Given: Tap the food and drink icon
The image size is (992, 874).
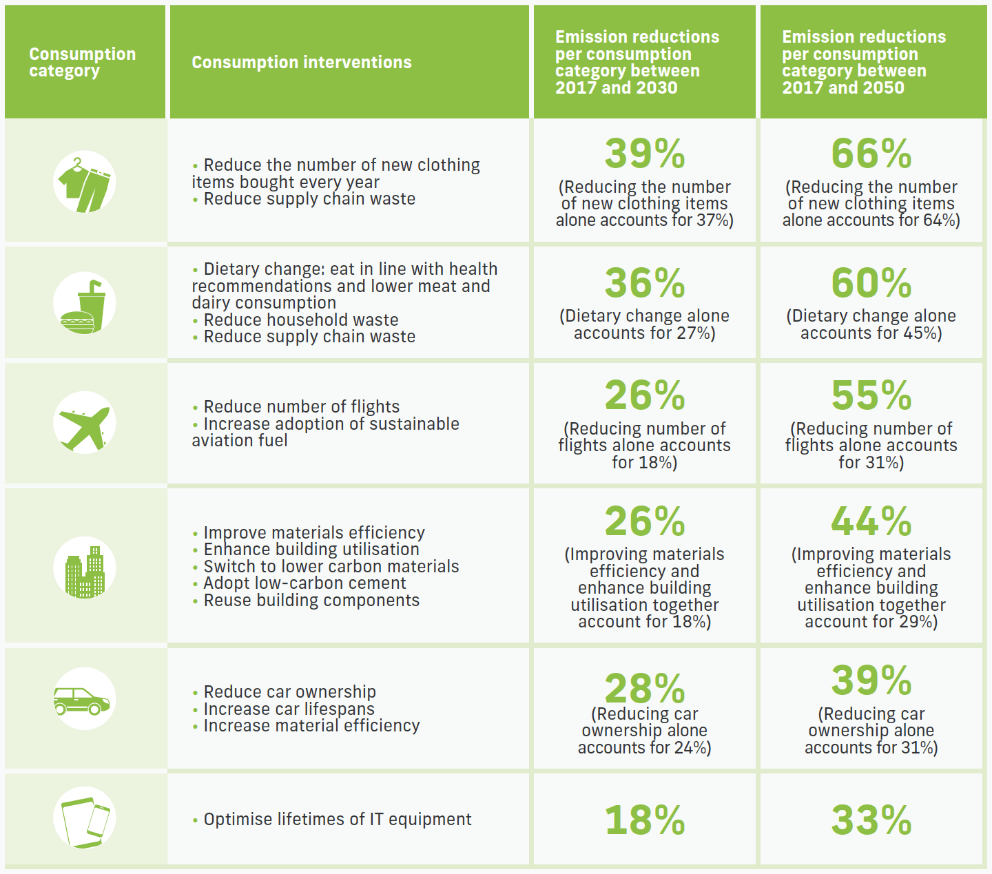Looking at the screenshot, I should pyautogui.click(x=85, y=304).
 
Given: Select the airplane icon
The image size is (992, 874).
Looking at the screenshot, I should pyautogui.click(x=85, y=423).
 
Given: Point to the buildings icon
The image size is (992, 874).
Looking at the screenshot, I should pyautogui.click(x=85, y=568).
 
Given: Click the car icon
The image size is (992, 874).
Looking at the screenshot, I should pyautogui.click(x=85, y=699).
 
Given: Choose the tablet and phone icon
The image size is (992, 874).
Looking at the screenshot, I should pyautogui.click(x=85, y=818).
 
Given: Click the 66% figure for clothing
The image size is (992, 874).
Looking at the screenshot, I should pyautogui.click(x=871, y=154).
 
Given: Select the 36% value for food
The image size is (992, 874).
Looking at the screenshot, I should pyautogui.click(x=645, y=283).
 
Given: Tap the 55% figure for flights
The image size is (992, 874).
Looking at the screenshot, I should pyautogui.click(x=871, y=395).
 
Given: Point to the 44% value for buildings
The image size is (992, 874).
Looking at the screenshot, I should pyautogui.click(x=871, y=521).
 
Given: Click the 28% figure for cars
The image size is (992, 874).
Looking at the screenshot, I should pyautogui.click(x=645, y=688).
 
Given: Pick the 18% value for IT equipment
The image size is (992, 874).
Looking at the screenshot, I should pyautogui.click(x=645, y=820).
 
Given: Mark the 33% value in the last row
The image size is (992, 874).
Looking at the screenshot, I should pyautogui.click(x=871, y=820).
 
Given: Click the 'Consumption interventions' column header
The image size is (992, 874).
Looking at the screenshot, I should pyautogui.click(x=301, y=63).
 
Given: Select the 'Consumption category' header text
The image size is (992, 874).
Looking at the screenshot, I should pyautogui.click(x=82, y=63).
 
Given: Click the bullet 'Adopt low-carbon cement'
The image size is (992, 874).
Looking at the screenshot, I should pyautogui.click(x=304, y=583).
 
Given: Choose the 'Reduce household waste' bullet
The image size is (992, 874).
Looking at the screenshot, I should pyautogui.click(x=300, y=320).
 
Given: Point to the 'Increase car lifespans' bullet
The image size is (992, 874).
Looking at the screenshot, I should pyautogui.click(x=289, y=709).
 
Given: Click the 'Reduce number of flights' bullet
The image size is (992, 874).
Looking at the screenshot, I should pyautogui.click(x=301, y=407).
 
